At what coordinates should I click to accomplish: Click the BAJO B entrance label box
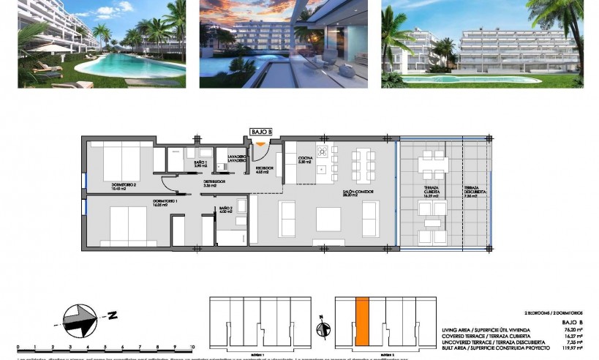(261, 132)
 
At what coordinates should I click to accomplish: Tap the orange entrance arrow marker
(261, 143)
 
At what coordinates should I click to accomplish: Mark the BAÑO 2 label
(226, 210)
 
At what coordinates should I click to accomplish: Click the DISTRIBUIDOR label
(214, 183)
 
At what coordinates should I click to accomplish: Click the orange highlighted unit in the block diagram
(361, 322)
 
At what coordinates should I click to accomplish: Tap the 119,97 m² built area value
(572, 348)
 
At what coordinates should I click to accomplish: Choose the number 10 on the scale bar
(192, 348)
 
